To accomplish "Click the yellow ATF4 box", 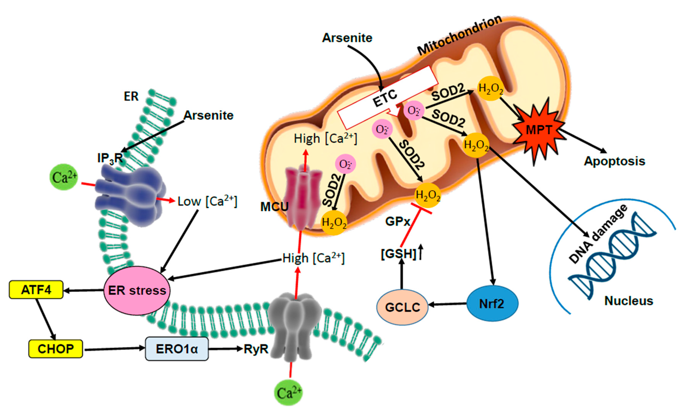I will [36, 290].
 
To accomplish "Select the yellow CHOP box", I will [56, 349].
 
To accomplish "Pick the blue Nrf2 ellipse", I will [492, 304].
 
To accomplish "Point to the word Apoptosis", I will [614, 161].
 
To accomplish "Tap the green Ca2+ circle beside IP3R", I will [64, 177].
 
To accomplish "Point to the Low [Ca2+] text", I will [207, 201].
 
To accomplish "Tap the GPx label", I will [398, 222].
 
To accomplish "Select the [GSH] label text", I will [398, 254].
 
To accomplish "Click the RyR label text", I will [256, 349].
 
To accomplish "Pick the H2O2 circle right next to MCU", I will [334, 223].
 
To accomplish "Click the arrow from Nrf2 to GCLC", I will [448, 304].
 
